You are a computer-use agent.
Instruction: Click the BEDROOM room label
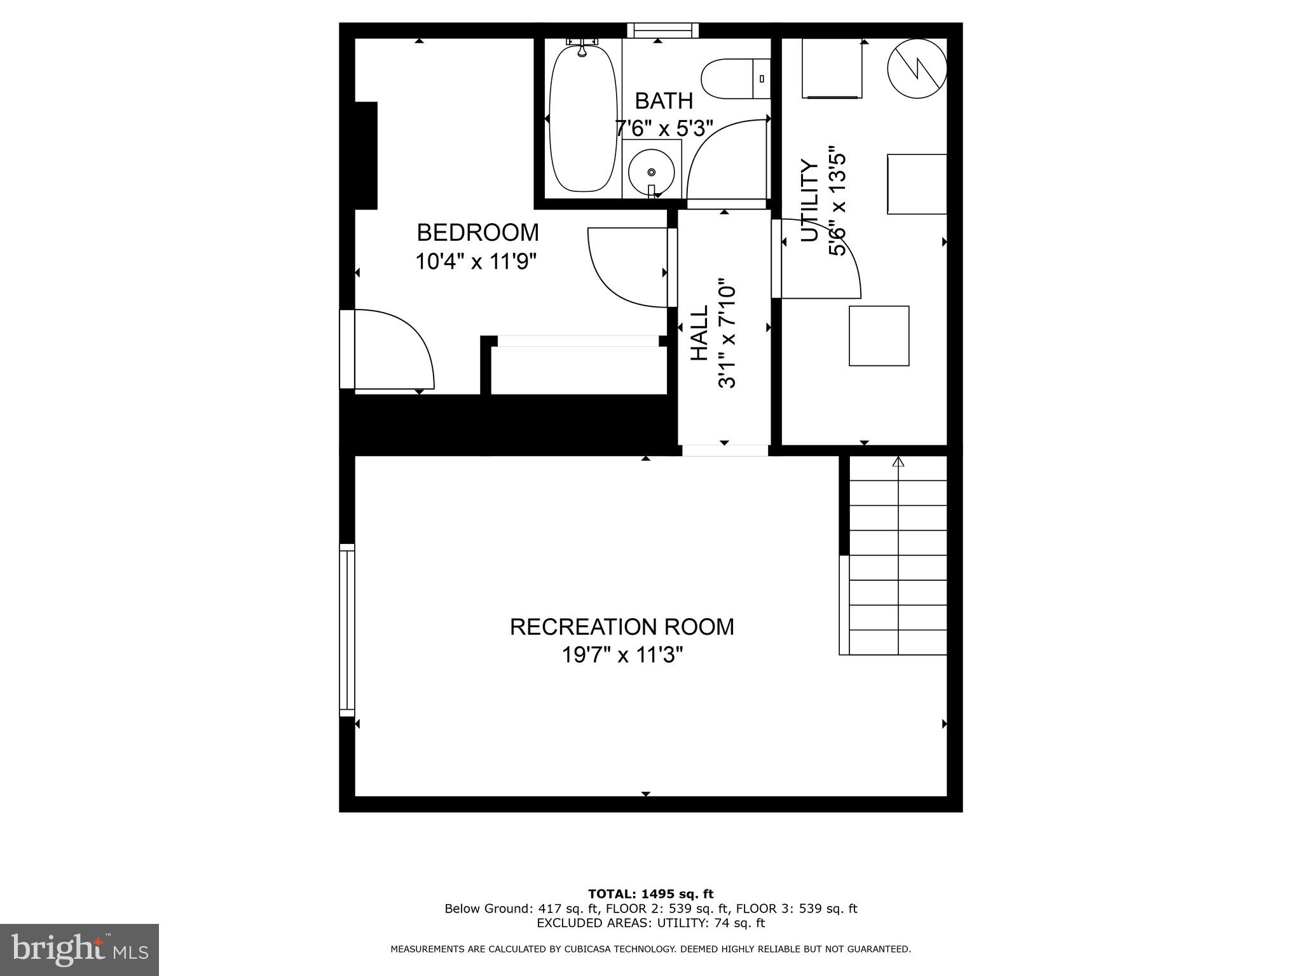point(477,233)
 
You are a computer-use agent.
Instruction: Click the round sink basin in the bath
point(651,172)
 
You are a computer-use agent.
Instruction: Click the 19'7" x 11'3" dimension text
point(622,654)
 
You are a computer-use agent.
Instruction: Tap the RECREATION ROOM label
point(622,627)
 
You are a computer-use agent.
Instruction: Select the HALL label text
point(699,333)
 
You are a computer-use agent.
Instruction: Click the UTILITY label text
point(809,201)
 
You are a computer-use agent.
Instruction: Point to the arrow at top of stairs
point(898,463)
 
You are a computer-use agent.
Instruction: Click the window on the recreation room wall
point(346,630)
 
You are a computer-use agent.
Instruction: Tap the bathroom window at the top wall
point(662,30)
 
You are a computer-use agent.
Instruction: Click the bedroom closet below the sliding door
point(578,370)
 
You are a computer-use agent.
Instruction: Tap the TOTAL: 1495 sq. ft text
point(650,894)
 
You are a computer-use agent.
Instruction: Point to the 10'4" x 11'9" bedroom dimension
point(476,261)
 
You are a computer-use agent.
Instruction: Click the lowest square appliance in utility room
point(879,335)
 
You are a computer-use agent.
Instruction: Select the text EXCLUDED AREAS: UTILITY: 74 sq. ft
point(650,923)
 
